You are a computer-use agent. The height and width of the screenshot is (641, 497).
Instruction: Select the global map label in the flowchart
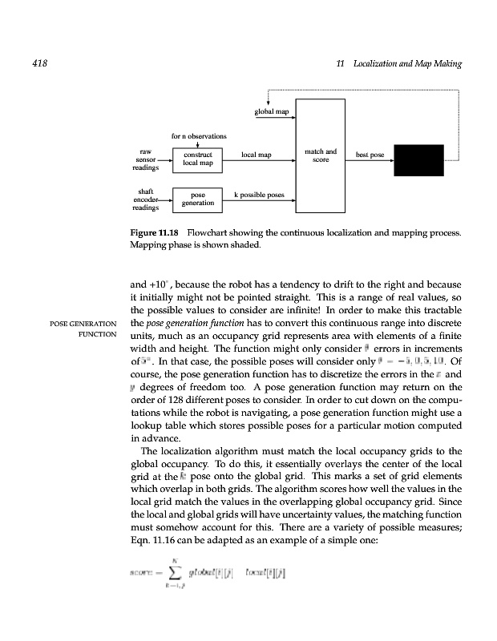271,111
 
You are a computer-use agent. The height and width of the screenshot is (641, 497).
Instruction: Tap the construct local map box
197,158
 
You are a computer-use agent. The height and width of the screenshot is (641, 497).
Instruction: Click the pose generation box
197,199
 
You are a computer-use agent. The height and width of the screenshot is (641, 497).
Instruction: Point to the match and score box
321,168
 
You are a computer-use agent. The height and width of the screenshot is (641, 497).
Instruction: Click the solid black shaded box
418,159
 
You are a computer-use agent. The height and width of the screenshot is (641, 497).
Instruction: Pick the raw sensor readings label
146,159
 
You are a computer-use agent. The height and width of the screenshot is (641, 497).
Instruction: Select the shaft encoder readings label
146,199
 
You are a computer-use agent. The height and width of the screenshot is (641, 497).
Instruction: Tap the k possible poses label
259,195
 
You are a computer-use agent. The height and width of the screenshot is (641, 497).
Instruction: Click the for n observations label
199,135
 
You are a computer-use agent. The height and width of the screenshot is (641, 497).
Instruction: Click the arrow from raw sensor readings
166,159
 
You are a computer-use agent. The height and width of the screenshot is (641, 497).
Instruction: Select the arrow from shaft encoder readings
166,199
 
